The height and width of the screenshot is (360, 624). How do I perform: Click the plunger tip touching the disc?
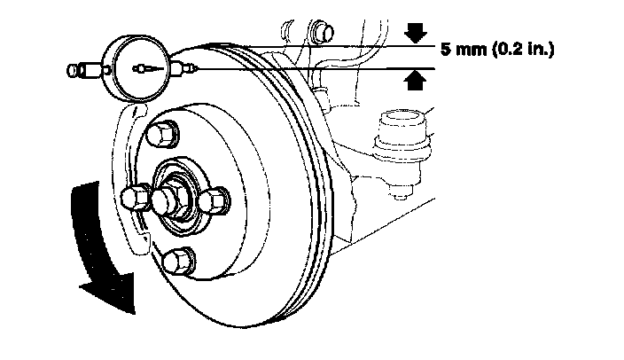coord(194,67)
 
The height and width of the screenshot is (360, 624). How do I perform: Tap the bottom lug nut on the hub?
coord(176,260)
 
